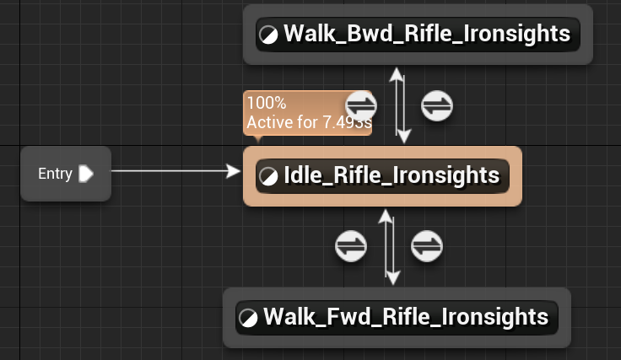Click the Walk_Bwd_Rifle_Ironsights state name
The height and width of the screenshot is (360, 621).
[426, 35]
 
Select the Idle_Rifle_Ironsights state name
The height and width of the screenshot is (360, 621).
[391, 175]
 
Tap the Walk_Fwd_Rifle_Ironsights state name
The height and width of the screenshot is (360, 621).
[406, 317]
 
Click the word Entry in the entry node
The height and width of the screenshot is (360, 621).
[55, 174]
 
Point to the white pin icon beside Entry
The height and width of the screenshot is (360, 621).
[85, 174]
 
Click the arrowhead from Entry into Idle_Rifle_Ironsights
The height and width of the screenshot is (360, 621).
[235, 171]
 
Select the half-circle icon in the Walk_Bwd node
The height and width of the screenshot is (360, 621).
[269, 35]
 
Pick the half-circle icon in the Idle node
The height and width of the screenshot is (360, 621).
[269, 176]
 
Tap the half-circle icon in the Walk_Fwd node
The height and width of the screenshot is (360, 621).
[249, 318]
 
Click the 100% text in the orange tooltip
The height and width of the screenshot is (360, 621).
[267, 104]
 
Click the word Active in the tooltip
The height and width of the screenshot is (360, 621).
[267, 123]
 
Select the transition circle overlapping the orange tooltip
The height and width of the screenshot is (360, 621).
[362, 106]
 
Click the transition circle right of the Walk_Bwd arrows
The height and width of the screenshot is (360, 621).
[437, 106]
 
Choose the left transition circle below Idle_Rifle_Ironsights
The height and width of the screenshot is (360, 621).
[352, 246]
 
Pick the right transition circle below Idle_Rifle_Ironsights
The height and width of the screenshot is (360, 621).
[427, 246]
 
